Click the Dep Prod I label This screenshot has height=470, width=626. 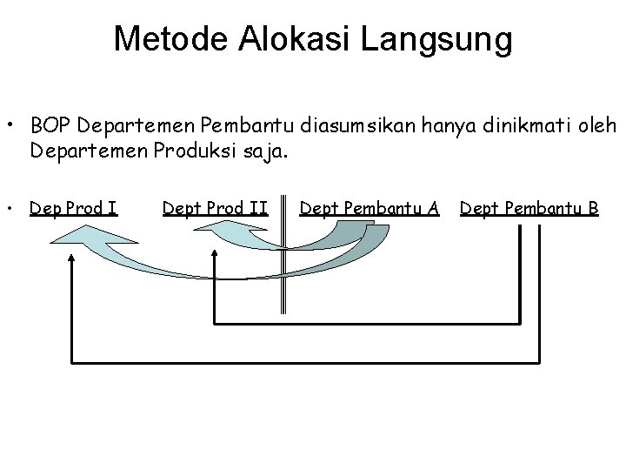[x=73, y=208]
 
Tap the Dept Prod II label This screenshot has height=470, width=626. [x=215, y=208]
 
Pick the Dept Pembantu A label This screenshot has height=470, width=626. [x=369, y=208]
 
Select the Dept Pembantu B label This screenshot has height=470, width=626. [x=529, y=208]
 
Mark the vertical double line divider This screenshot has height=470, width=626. [x=283, y=261]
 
